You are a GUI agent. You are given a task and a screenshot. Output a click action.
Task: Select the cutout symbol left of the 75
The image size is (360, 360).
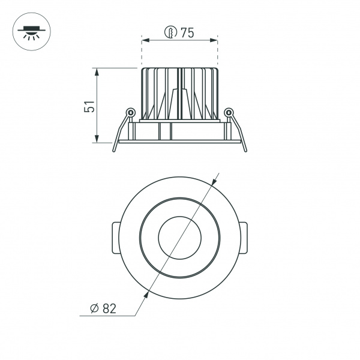171,33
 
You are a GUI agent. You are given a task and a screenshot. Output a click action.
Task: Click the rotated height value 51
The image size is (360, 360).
89,106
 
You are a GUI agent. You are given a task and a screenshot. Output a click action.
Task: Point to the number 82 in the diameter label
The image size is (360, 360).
109,308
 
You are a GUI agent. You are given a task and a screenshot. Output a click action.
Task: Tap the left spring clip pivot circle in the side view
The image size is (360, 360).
130,112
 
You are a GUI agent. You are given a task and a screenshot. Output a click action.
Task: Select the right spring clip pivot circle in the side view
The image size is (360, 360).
228,112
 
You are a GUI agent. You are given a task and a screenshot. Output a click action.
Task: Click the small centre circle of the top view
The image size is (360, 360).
179,238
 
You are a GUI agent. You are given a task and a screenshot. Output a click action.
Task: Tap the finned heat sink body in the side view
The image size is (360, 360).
179,93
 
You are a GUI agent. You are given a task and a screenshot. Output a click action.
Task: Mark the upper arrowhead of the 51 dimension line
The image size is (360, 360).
97,71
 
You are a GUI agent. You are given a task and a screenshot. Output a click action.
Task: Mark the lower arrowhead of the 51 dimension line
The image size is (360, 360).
97,140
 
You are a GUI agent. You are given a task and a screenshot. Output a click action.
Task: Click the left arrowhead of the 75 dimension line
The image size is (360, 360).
145,41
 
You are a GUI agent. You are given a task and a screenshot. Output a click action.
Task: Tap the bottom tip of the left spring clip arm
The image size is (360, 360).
114,152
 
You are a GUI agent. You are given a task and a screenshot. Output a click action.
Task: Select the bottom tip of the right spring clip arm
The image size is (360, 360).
245,151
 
